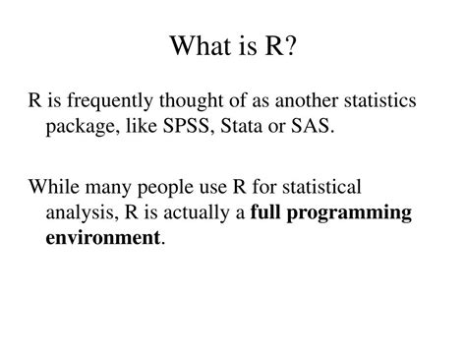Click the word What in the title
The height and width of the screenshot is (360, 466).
tap(200, 46)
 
